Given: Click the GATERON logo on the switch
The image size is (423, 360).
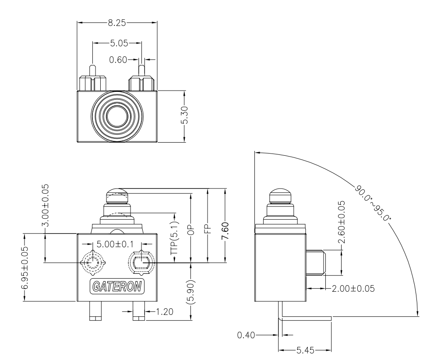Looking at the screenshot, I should (x=117, y=287).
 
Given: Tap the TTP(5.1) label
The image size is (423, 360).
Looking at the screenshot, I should (x=174, y=239).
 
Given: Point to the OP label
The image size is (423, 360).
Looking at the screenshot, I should (x=191, y=231).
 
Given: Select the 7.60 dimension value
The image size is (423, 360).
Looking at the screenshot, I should (x=225, y=231).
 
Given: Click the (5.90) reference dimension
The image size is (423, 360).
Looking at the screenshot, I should (x=191, y=291).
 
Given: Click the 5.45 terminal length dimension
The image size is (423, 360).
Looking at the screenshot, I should (x=305, y=350).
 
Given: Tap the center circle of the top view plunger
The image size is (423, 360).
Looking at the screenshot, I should (x=117, y=116).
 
